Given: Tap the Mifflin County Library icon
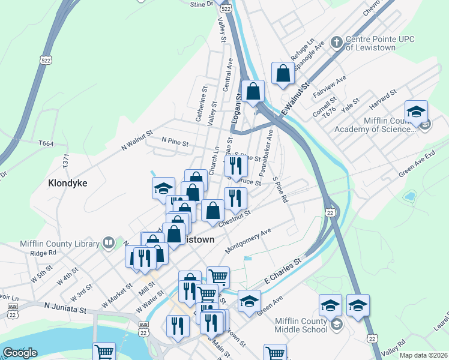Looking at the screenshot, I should tap(108, 243).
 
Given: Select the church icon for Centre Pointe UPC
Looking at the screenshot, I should tap(337, 43).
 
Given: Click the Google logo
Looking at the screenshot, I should tap(20, 352).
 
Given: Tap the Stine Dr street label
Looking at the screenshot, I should tap(202, 4).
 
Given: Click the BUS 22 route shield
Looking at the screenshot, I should tap(143, 324).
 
